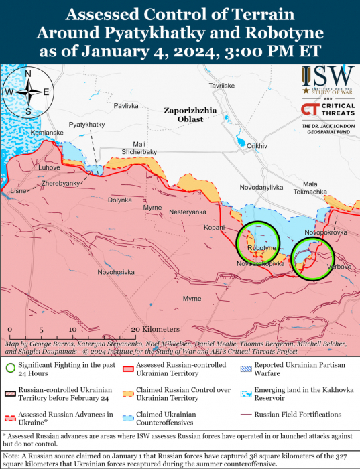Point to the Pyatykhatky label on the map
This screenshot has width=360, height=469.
[x=86, y=125]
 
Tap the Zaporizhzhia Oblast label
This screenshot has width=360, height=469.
[x=188, y=115]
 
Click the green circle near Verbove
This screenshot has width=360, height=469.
[x=313, y=258]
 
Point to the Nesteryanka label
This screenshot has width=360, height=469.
[x=188, y=212]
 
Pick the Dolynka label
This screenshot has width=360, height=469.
[x=120, y=200]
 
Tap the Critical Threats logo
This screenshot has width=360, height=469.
[x=326, y=111]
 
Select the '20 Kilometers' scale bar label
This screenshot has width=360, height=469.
[x=156, y=330]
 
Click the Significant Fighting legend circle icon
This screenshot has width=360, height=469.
[x=11, y=367]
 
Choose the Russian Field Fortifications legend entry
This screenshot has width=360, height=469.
[x=302, y=415]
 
